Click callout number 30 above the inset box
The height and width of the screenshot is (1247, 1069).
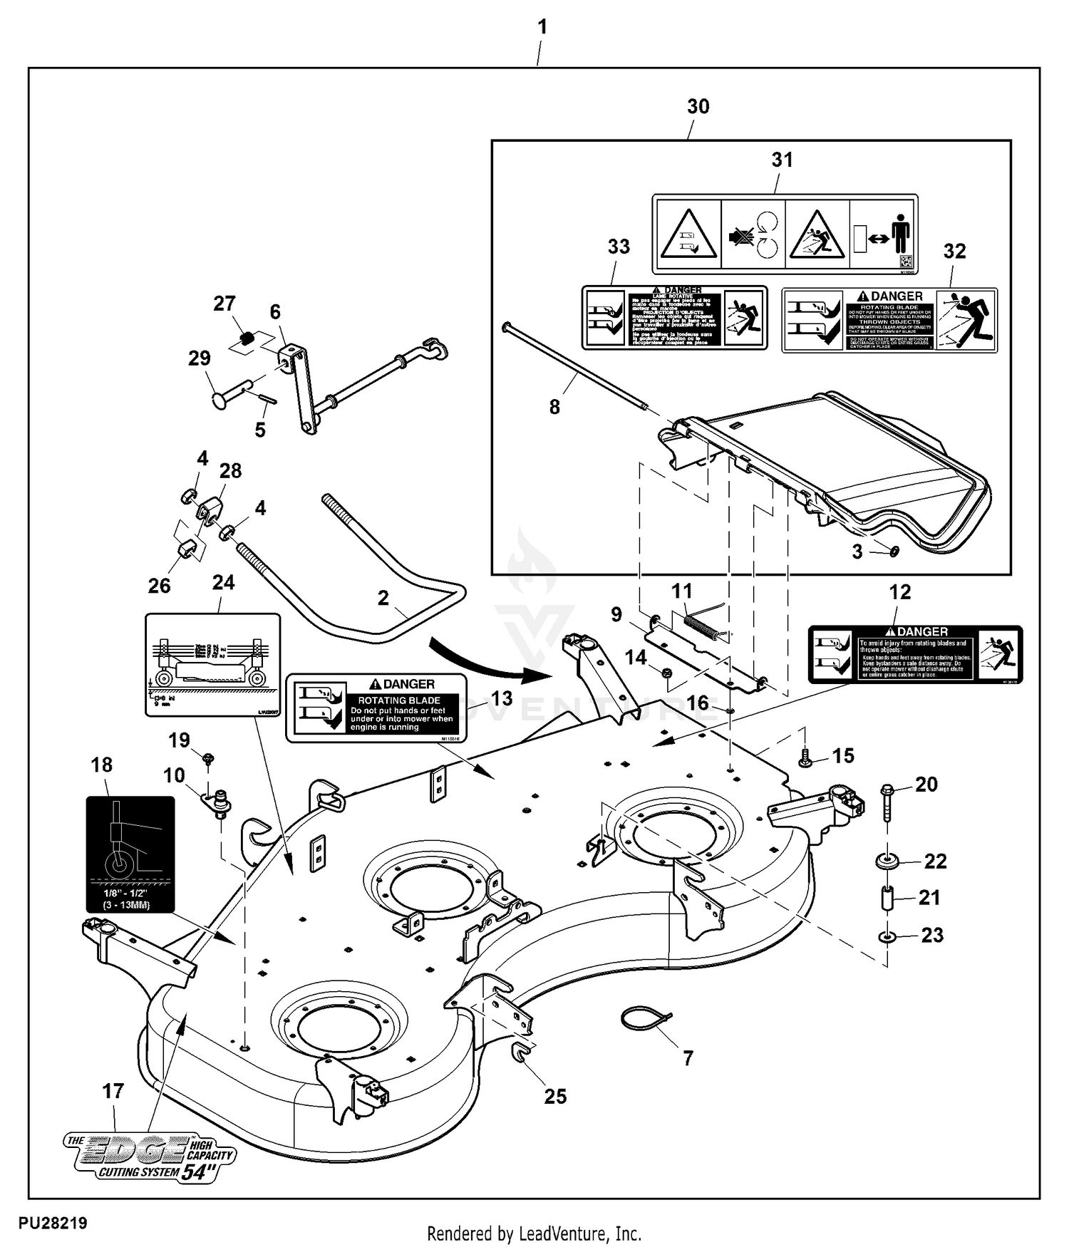click(698, 107)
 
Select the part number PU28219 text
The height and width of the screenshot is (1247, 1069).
click(53, 1223)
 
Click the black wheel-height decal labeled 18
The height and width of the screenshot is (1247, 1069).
click(130, 854)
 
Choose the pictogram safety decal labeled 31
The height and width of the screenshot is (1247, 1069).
click(785, 234)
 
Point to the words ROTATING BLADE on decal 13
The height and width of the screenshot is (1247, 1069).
click(398, 700)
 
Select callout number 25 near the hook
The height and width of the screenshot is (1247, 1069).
click(555, 1096)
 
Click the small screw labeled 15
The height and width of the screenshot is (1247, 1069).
click(805, 760)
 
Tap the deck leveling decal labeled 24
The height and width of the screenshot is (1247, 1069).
click(212, 665)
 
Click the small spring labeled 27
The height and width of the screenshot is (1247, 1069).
click(247, 338)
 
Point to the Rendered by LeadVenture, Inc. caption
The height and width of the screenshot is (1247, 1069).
click(534, 1233)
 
